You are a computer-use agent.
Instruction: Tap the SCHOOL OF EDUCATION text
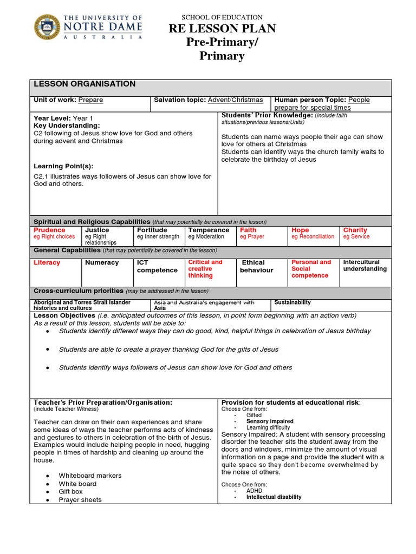pos(222,17)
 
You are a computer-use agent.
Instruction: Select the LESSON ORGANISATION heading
pos(84,84)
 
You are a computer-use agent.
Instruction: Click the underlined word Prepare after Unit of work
pos(90,100)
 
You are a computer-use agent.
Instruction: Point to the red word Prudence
pos(49,230)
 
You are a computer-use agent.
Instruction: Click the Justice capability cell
pos(97,230)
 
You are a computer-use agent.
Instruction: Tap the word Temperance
pos(209,230)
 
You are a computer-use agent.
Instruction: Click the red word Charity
pos(355,230)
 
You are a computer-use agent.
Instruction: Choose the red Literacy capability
pos(47,263)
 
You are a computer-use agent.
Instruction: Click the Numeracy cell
pos(102,263)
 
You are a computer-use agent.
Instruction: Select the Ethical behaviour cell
pos(257,266)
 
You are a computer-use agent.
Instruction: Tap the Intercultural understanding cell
pos(365,266)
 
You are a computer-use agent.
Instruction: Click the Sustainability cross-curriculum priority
pos(292,303)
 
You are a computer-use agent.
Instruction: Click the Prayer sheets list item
pos(80,500)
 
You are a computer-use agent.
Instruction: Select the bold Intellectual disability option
pos(274,497)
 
